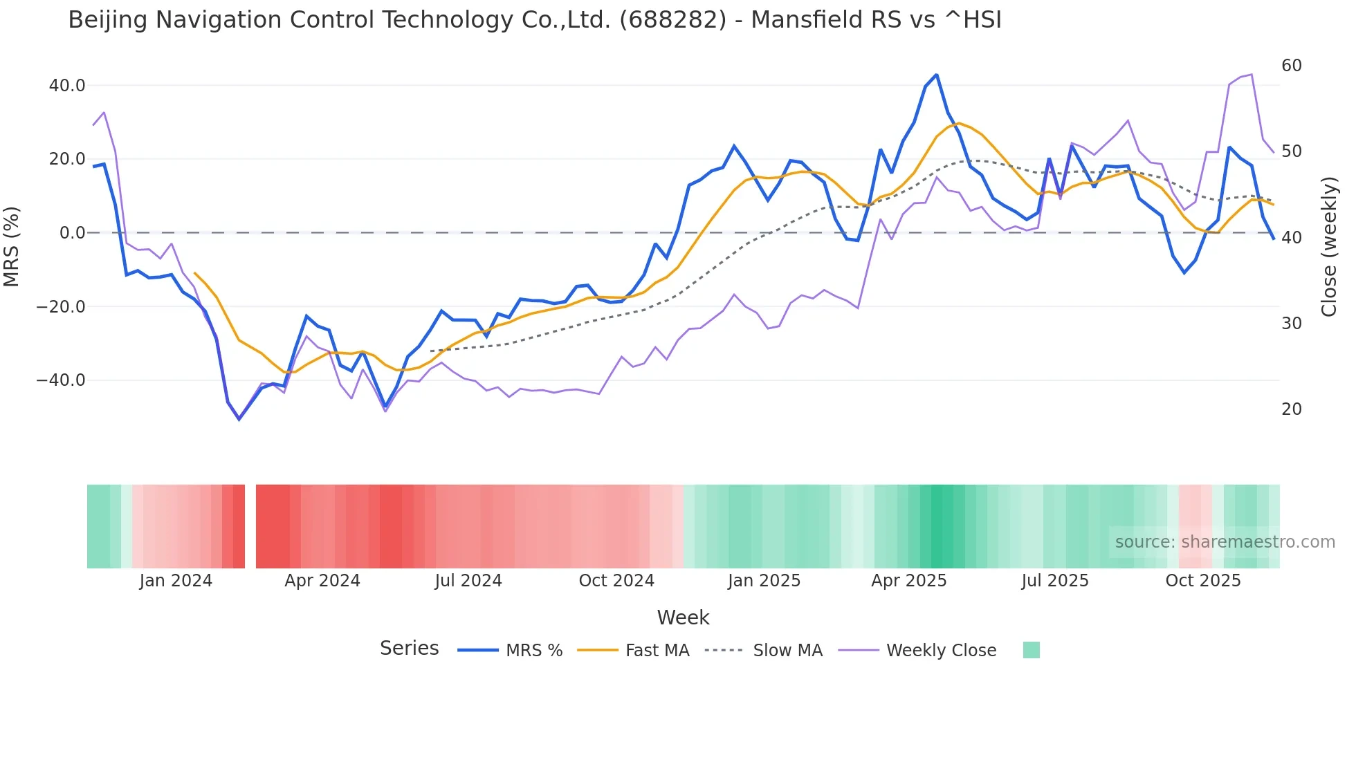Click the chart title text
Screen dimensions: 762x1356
(534, 20)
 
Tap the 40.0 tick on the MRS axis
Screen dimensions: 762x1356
(67, 86)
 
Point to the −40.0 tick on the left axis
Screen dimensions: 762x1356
(61, 380)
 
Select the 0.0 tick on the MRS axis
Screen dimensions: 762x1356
(73, 233)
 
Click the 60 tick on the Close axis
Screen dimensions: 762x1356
(1292, 66)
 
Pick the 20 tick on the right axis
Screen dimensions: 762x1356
(1292, 409)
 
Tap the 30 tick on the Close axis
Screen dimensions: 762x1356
(1292, 324)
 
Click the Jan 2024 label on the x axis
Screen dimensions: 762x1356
(176, 581)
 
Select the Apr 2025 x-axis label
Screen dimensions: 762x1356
(908, 581)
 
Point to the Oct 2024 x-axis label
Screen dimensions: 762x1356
(616, 581)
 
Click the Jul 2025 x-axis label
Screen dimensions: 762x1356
(1055, 581)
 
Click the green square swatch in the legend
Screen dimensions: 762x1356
(1031, 650)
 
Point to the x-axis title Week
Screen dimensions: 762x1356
(683, 617)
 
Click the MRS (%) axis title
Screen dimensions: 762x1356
(12, 247)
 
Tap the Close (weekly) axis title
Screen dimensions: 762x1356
(1329, 247)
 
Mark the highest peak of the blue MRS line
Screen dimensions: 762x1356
(936, 75)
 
